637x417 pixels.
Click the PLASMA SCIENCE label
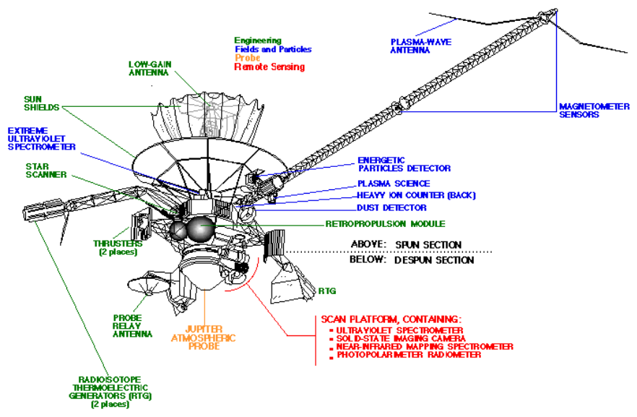click(394, 184)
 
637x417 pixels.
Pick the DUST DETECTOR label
click(392, 208)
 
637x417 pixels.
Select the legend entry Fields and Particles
click(273, 49)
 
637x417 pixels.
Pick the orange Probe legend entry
click(246, 58)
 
